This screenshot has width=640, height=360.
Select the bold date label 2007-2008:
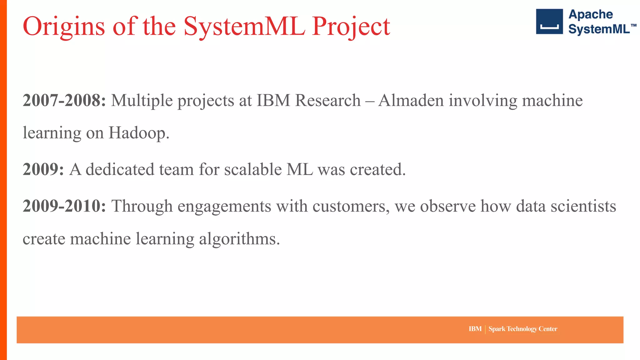click(64, 101)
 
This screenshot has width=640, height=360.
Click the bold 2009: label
click(43, 170)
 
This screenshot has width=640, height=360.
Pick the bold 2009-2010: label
click(64, 206)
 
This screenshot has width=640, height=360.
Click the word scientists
click(583, 206)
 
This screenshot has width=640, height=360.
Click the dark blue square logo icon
click(549, 22)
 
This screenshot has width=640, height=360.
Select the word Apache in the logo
click(590, 14)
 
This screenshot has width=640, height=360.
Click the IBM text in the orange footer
click(475, 329)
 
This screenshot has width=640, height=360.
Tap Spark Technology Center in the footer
click(523, 329)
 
